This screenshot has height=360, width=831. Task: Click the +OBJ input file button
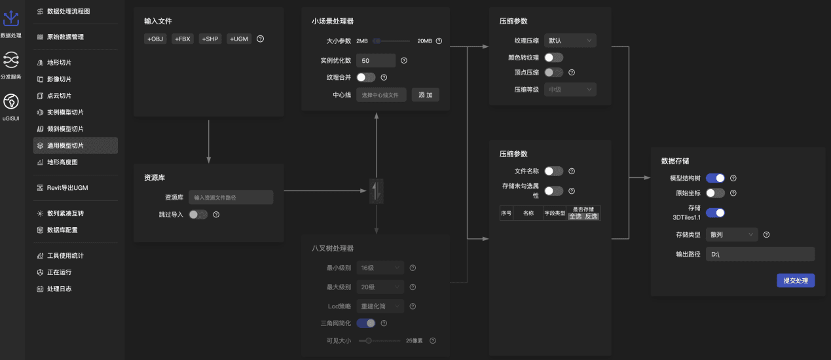[156, 39]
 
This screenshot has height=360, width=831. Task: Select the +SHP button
[211, 39]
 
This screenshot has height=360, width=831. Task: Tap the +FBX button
[183, 39]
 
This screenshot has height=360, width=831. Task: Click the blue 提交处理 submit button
[796, 281]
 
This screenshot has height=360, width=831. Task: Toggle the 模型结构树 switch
[715, 178]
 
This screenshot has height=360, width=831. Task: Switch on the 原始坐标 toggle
[715, 193]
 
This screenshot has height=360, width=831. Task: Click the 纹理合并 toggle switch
[366, 77]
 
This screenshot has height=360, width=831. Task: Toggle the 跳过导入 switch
[198, 214]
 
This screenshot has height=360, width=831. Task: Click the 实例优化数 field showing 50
[376, 60]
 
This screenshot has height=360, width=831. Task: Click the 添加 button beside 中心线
[425, 95]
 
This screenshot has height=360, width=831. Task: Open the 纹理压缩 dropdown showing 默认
[570, 41]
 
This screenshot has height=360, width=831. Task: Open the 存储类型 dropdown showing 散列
[731, 234]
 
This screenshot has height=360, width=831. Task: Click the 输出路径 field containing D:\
[760, 254]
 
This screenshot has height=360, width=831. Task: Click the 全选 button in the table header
[576, 216]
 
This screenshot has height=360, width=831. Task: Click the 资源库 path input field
[231, 197]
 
